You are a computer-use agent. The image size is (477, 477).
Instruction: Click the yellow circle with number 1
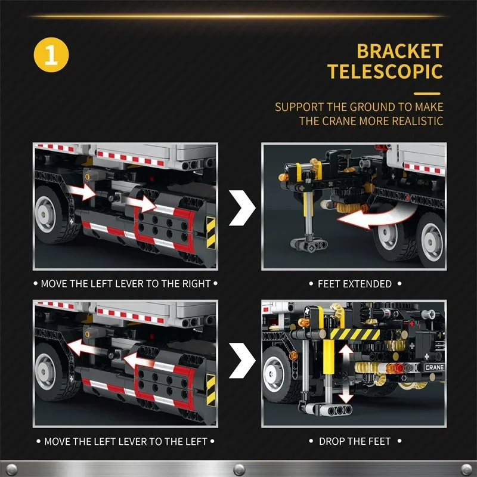click(51, 55)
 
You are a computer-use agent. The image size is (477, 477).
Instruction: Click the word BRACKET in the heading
click(399, 51)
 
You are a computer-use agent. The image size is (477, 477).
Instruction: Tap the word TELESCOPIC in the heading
click(385, 72)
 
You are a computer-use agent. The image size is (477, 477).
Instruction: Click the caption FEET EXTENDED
click(354, 284)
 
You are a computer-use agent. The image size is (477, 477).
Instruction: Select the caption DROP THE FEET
click(354, 441)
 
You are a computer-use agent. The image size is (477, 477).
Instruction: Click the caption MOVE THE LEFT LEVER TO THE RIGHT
click(125, 284)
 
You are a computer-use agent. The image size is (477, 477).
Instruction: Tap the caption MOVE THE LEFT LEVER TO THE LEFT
click(125, 441)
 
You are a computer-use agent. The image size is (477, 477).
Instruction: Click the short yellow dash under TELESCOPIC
click(427, 94)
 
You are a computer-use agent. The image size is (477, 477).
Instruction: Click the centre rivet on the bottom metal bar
click(238, 467)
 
